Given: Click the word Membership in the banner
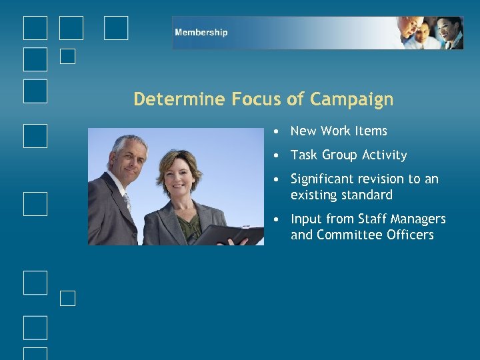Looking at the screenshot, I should coord(201,33).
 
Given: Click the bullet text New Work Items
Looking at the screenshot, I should coord(339,131).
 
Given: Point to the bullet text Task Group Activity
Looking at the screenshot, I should coord(349,155).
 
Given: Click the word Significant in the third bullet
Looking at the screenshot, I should coord(322,179).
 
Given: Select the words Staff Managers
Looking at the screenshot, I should coord(402,219).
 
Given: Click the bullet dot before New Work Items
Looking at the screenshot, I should coord(275,131).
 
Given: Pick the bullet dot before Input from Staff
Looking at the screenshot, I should coord(275,219).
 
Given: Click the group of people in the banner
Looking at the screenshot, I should coord(430,33).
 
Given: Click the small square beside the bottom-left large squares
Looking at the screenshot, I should coord(67,298).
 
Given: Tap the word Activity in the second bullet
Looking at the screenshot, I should coord(383,155).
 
